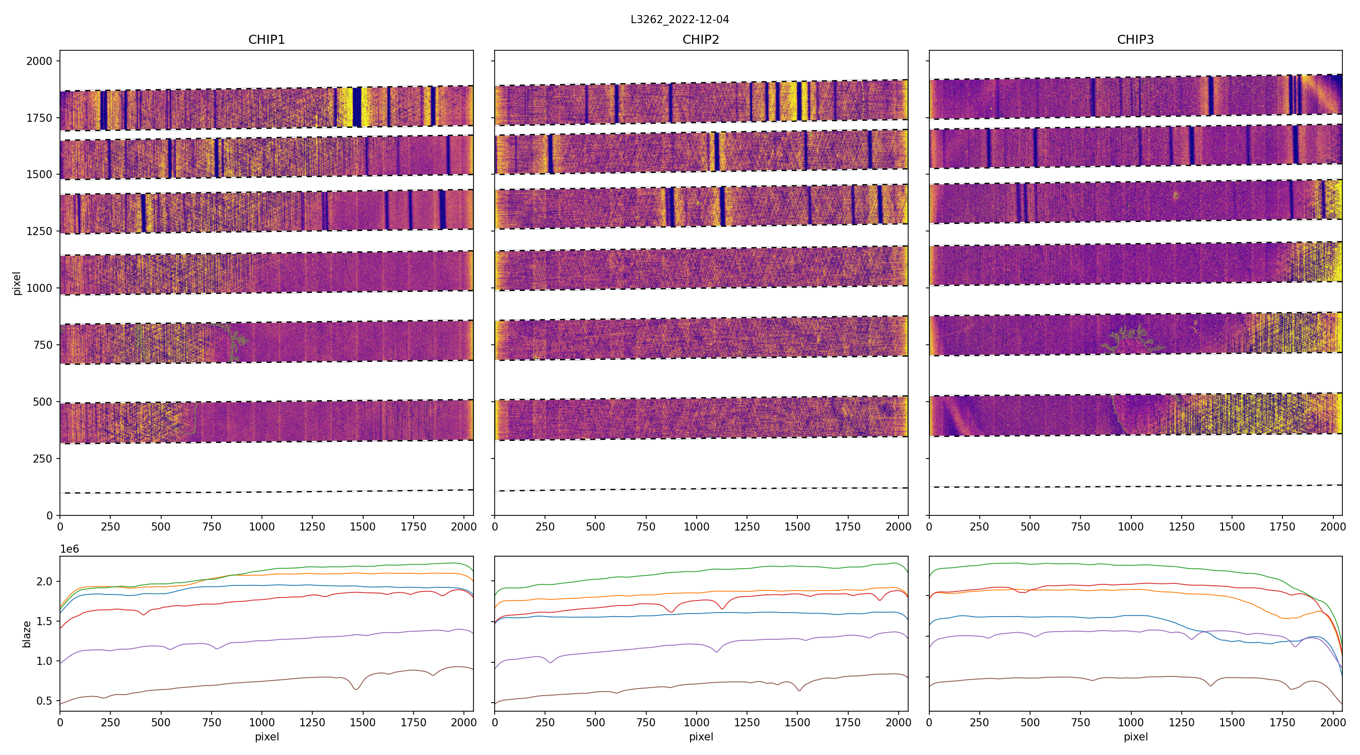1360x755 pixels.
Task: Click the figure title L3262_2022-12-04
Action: (x=679, y=20)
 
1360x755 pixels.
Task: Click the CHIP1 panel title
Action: (x=266, y=40)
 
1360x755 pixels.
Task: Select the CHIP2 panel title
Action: (x=701, y=40)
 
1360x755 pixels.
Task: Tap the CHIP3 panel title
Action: (x=1135, y=40)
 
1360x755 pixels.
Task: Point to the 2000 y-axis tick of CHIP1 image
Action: (x=40, y=61)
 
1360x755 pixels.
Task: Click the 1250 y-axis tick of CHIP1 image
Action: (x=40, y=231)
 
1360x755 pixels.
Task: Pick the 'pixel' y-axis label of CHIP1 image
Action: (x=17, y=283)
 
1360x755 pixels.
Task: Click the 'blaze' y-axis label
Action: (x=26, y=634)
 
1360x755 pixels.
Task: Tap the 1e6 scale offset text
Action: (x=70, y=549)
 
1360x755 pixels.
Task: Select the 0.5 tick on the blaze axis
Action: (x=44, y=701)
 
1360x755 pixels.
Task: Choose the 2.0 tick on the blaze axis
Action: (x=44, y=581)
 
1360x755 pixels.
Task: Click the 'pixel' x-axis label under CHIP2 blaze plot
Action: (x=701, y=736)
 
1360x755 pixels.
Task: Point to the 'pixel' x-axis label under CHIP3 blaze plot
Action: (x=1135, y=736)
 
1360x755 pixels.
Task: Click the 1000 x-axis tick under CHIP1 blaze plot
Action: (x=262, y=722)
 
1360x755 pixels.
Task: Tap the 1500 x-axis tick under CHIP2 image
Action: (x=797, y=526)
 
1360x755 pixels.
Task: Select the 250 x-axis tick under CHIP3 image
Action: (x=979, y=526)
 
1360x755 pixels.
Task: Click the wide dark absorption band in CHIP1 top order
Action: (x=357, y=107)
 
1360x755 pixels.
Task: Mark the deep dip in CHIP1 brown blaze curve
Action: (x=356, y=689)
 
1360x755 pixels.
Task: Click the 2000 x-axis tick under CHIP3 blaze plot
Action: (x=1333, y=722)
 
